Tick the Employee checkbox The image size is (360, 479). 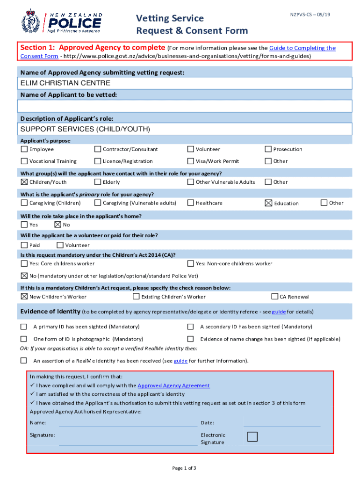[24, 149]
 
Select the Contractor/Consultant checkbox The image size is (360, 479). [98, 149]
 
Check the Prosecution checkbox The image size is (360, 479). [268, 149]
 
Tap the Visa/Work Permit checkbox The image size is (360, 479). [191, 161]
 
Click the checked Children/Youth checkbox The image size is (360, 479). [24, 182]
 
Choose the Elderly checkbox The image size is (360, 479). [98, 182]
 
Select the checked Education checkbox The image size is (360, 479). [268, 203]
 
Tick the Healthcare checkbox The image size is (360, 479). [191, 203]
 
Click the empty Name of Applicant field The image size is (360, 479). [185, 106]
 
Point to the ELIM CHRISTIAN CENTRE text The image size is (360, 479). [65, 83]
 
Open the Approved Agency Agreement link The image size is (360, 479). [173, 385]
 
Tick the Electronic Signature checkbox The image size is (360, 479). [252, 437]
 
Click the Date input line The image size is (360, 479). [282, 422]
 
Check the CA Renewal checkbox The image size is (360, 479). [274, 297]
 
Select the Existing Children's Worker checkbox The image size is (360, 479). [136, 297]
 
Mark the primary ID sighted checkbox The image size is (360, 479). [23, 327]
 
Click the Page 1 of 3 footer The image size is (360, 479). [184, 468]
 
